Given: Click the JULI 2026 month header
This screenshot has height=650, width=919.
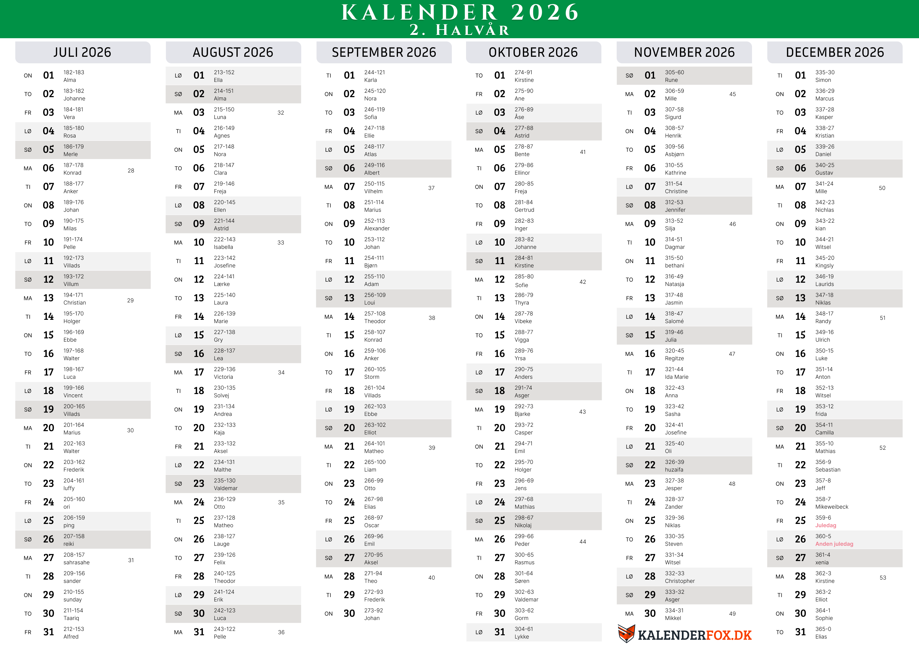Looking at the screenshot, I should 82,52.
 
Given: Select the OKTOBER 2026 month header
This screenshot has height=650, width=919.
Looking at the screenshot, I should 533,52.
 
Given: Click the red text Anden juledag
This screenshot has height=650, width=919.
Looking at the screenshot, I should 834,544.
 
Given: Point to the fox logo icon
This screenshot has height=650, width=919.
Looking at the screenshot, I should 626,634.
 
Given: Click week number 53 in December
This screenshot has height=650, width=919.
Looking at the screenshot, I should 883,578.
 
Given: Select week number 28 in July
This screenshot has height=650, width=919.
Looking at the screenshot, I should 131,171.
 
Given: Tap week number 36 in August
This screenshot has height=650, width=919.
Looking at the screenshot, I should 281,632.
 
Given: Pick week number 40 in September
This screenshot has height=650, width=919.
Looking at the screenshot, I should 431,578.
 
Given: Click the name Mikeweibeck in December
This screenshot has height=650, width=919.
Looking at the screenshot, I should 832,507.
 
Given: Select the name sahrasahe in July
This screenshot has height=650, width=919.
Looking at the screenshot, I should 76,562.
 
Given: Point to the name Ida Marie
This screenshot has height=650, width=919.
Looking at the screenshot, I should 676,377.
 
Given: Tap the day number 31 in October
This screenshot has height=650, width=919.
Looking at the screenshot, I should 500,632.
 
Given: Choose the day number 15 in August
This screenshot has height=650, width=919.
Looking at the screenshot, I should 199,335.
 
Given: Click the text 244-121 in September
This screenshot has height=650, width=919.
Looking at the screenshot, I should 374,72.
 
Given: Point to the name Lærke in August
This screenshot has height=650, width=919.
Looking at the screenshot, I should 222,284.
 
